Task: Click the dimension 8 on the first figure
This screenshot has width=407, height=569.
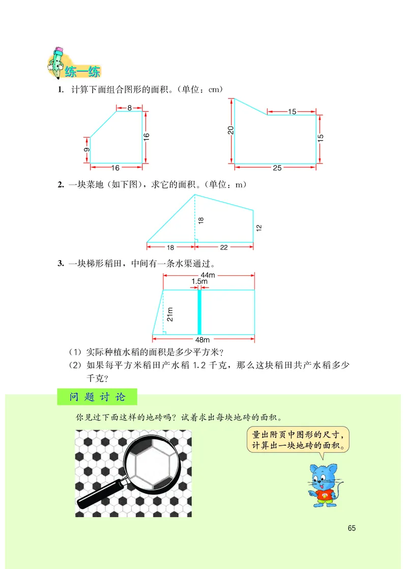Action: tap(129, 107)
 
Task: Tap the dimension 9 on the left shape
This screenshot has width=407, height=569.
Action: tap(87, 150)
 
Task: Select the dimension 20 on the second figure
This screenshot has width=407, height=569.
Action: tap(230, 130)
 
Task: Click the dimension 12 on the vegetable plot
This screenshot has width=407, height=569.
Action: tap(258, 228)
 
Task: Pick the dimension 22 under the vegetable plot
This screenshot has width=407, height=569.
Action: tap(224, 247)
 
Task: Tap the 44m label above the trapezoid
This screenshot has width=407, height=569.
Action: tap(208, 275)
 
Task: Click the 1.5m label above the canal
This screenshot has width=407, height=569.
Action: tap(199, 281)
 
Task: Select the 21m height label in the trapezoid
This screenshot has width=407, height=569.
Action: tap(170, 314)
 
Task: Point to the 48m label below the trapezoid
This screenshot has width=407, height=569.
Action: tap(202, 340)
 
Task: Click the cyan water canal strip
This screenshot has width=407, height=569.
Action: tap(200, 312)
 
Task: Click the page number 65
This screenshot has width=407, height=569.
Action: tap(352, 528)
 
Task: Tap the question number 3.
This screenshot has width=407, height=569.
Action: tap(61, 263)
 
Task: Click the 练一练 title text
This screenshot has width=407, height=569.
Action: tap(82, 72)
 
